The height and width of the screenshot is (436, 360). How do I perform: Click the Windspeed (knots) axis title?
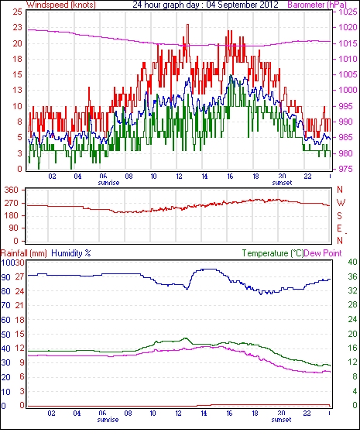61,5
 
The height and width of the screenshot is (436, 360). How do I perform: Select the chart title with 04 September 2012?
205,5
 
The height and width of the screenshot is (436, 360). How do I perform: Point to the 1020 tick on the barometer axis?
348,27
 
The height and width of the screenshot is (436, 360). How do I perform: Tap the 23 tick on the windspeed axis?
17,27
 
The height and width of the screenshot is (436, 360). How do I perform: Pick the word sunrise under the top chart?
108,183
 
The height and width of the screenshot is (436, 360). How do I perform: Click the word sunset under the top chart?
282,183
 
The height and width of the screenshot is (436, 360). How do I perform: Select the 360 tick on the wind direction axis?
11,191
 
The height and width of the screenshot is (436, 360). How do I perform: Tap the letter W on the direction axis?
341,203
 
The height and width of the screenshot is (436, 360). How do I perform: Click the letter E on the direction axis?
339,228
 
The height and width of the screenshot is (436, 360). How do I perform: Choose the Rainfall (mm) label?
24,253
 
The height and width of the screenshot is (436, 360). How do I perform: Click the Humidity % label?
71,253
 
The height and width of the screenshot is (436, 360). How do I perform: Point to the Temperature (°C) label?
273,253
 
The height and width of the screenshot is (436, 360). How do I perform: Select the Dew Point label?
323,253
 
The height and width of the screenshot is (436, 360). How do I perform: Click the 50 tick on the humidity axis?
6,335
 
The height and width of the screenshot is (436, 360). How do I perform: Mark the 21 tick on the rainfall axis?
19,305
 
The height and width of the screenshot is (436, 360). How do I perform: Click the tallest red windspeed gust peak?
187,25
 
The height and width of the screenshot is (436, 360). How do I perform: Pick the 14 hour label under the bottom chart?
204,414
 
